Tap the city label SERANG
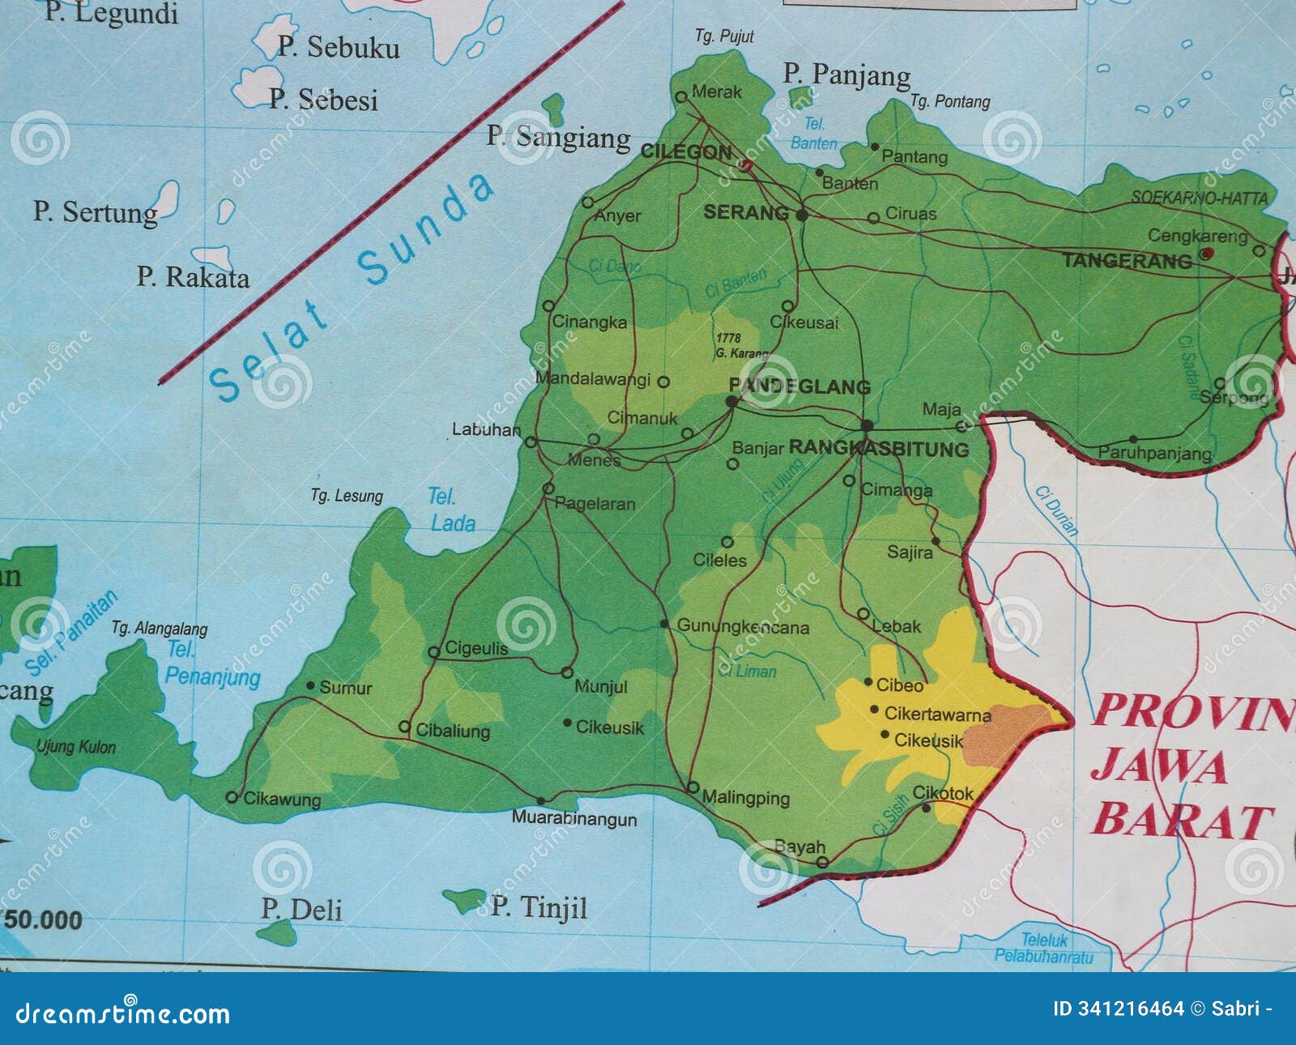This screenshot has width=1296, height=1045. click(745, 213)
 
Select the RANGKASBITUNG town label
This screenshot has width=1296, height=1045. click(879, 449)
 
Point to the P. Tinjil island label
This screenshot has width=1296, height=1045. click(539, 906)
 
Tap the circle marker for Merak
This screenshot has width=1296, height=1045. click(681, 96)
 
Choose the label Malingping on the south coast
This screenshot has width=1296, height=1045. click(746, 798)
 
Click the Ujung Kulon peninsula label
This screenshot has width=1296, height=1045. click(76, 747)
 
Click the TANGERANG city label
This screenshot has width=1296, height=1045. click(1127, 261)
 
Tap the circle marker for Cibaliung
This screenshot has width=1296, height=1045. click(404, 727)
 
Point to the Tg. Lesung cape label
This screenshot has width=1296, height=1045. click(347, 495)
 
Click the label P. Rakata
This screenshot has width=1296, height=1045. click(193, 277)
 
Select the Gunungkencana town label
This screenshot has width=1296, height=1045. click(743, 627)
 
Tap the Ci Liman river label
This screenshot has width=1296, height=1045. click(747, 671)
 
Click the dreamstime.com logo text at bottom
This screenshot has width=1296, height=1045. click(123, 1013)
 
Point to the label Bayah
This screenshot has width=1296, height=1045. click(799, 847)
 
